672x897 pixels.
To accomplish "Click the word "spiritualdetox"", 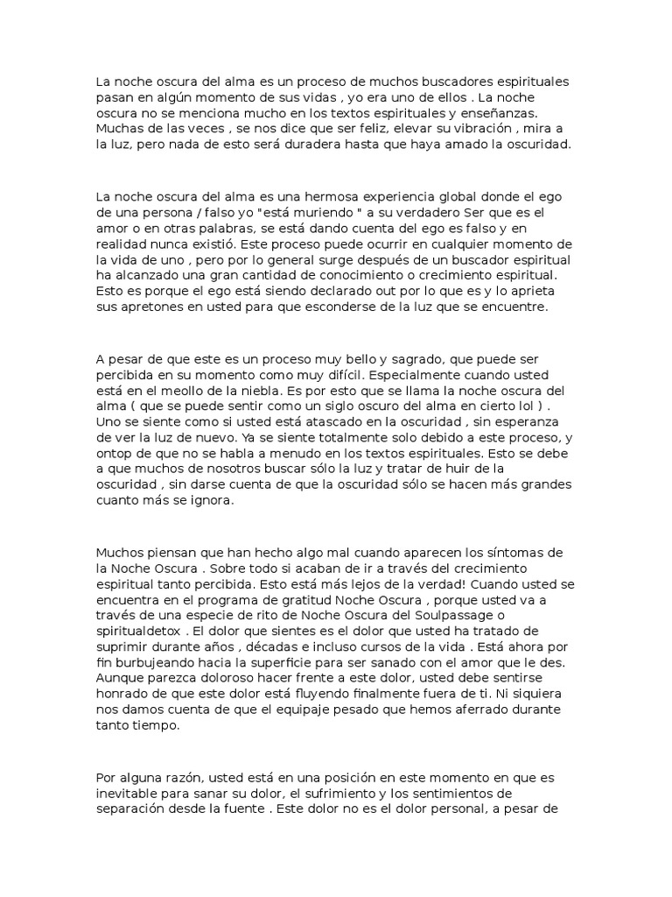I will pyautogui.click(x=136, y=631).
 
